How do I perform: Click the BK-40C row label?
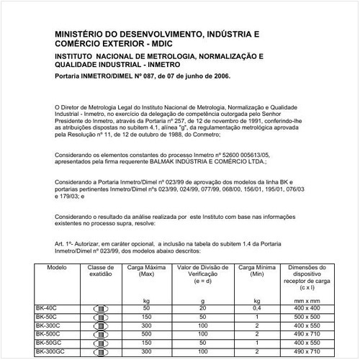coord(46,308)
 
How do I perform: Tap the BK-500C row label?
coord(48,334)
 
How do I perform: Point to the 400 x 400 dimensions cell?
coord(305,308)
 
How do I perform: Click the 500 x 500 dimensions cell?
coord(305,317)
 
